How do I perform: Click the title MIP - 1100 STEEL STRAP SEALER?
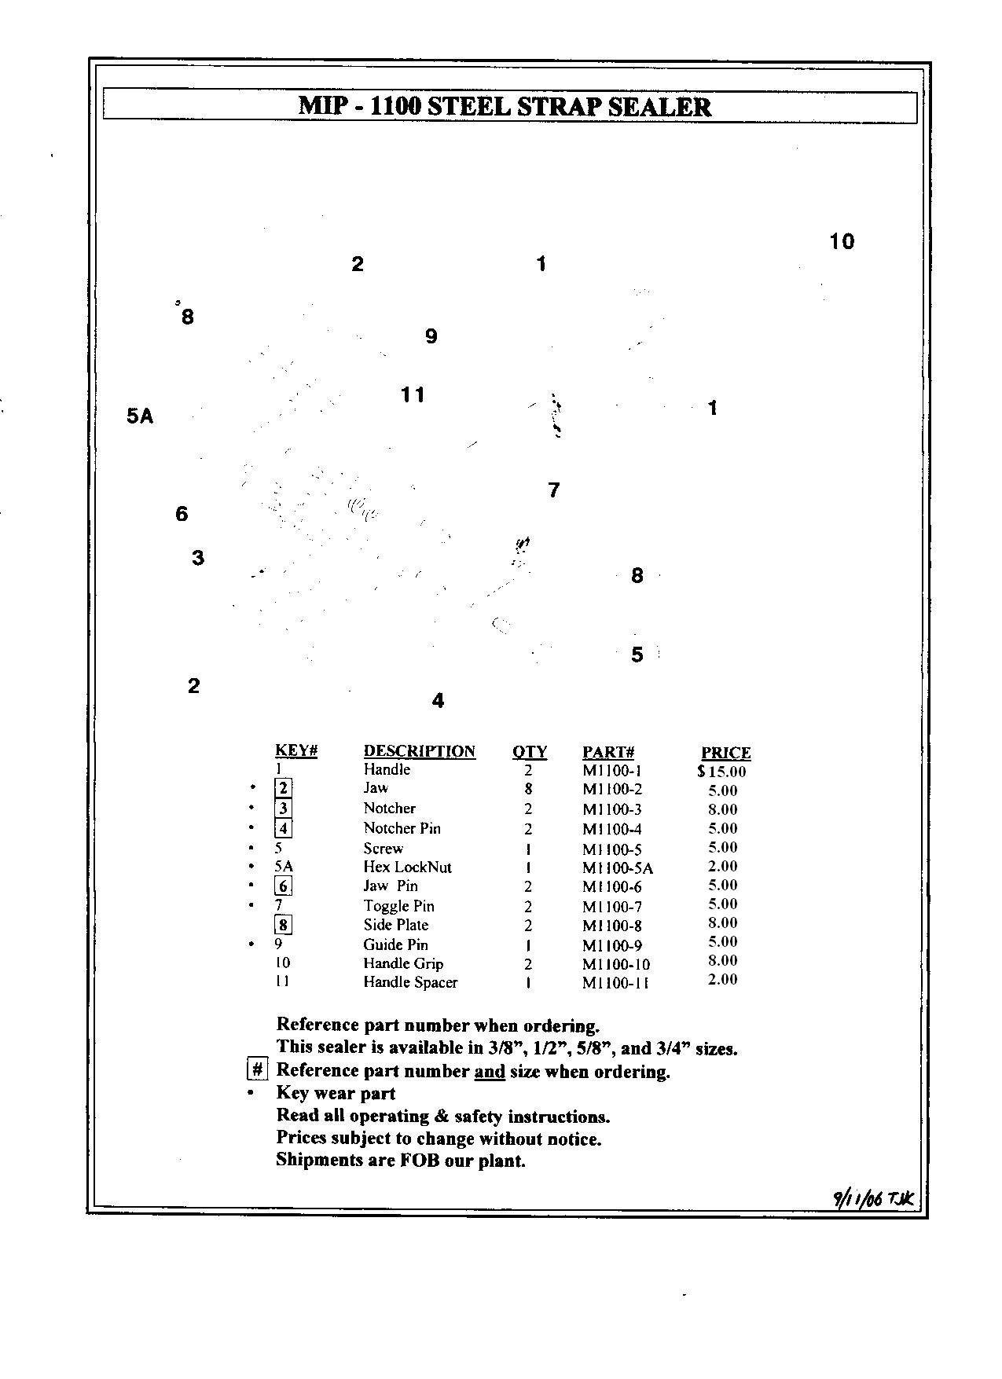coord(505,106)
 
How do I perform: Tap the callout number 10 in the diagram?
coord(841,241)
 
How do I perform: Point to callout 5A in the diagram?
coord(140,416)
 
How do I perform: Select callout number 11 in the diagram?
coord(413,394)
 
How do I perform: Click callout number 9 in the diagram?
coord(431,336)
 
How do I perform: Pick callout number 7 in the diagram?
coord(553,490)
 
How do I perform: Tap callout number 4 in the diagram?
coord(438,700)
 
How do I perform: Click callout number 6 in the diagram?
coord(182,514)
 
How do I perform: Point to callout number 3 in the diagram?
coord(198,558)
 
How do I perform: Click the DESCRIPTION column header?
coord(419,751)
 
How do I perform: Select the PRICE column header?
coord(725,753)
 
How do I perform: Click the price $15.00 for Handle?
coord(721,772)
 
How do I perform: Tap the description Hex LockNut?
coord(407,867)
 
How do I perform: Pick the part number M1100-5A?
coord(618,868)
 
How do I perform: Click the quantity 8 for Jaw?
coord(528,789)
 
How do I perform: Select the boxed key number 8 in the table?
coord(283,926)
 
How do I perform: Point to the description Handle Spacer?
coord(409,982)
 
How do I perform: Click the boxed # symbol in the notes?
coord(257,1070)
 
